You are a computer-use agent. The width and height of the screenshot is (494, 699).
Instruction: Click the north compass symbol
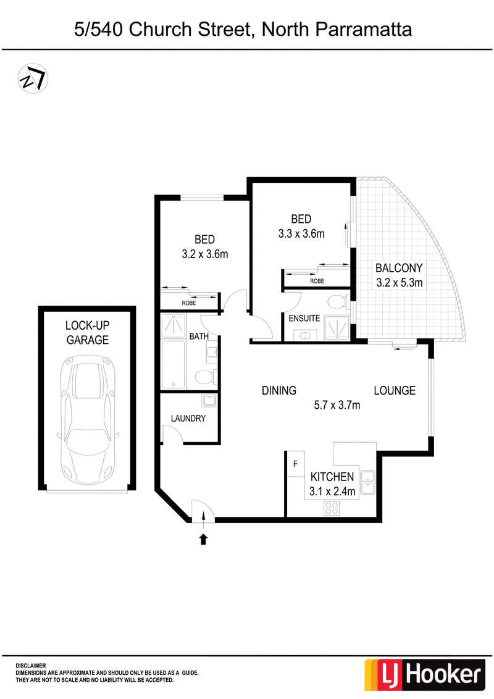point(33,79)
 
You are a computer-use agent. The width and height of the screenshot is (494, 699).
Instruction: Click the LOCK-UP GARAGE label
point(88,333)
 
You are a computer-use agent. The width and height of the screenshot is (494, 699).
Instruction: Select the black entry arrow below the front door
point(203,539)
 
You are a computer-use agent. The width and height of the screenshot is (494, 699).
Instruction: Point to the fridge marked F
point(295,464)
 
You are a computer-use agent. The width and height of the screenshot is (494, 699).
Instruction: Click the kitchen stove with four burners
point(332,508)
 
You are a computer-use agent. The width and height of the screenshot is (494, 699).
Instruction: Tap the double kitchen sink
point(367,482)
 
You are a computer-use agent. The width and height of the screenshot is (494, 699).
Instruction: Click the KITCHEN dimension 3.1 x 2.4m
point(332,492)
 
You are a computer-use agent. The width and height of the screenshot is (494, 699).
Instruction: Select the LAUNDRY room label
point(188,418)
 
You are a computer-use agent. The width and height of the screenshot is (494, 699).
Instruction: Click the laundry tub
point(209,400)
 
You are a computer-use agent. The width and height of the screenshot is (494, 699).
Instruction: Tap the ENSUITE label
point(304,318)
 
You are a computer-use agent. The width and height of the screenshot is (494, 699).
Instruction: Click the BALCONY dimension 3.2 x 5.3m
point(400,282)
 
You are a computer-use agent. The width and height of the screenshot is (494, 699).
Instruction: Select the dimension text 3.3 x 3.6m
point(301,233)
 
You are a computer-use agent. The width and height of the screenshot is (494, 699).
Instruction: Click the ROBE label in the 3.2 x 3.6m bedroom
point(189,303)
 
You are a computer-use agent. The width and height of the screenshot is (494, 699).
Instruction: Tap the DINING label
point(279,390)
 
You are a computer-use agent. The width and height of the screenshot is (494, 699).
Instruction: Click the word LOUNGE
point(395,390)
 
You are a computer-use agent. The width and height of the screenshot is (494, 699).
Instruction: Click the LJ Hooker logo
point(424,674)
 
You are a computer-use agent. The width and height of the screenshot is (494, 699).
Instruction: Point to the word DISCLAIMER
point(31,666)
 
